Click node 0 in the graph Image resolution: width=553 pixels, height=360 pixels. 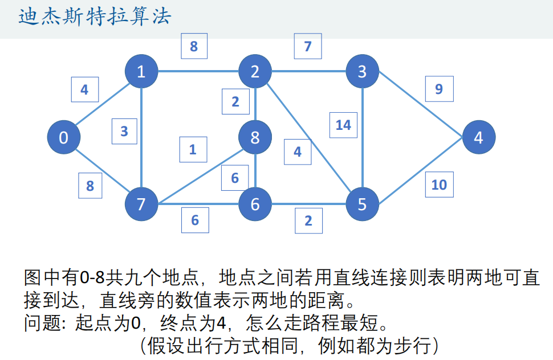pos(64,137)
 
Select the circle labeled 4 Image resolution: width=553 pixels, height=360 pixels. pos(479,137)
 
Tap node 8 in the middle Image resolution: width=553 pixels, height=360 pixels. pos(255,137)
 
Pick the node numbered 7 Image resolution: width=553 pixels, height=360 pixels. pos(141,204)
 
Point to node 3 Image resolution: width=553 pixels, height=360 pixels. pos(363,71)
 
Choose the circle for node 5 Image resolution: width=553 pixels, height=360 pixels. pos(363,204)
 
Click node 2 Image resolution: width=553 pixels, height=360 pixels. pos(255,71)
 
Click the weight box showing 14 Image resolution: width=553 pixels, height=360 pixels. pos(343,125)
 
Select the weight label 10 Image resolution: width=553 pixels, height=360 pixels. pos(439,185)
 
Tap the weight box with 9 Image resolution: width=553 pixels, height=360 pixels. pos(438,89)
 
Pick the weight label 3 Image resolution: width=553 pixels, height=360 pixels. pos(124,132)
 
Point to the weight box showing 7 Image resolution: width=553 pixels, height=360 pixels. pos(308,46)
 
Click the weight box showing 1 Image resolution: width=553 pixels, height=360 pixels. pos(193,150)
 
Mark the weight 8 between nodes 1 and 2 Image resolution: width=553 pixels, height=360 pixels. pos(194,46)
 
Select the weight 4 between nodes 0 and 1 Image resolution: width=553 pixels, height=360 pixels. pos(84,89)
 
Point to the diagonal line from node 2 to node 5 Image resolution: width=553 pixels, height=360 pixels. pos(309,138)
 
